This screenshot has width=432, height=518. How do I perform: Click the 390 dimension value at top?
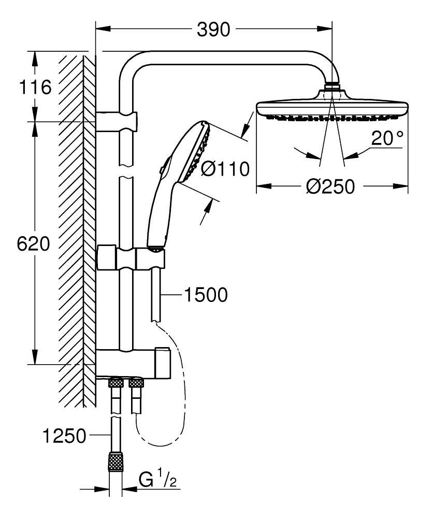coord(213,30)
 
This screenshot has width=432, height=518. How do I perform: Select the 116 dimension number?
coord(36,87)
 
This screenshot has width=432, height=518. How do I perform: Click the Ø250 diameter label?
coord(330,186)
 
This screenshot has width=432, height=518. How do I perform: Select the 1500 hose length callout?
coord(205,295)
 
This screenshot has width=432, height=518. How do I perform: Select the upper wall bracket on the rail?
coord(118,121)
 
